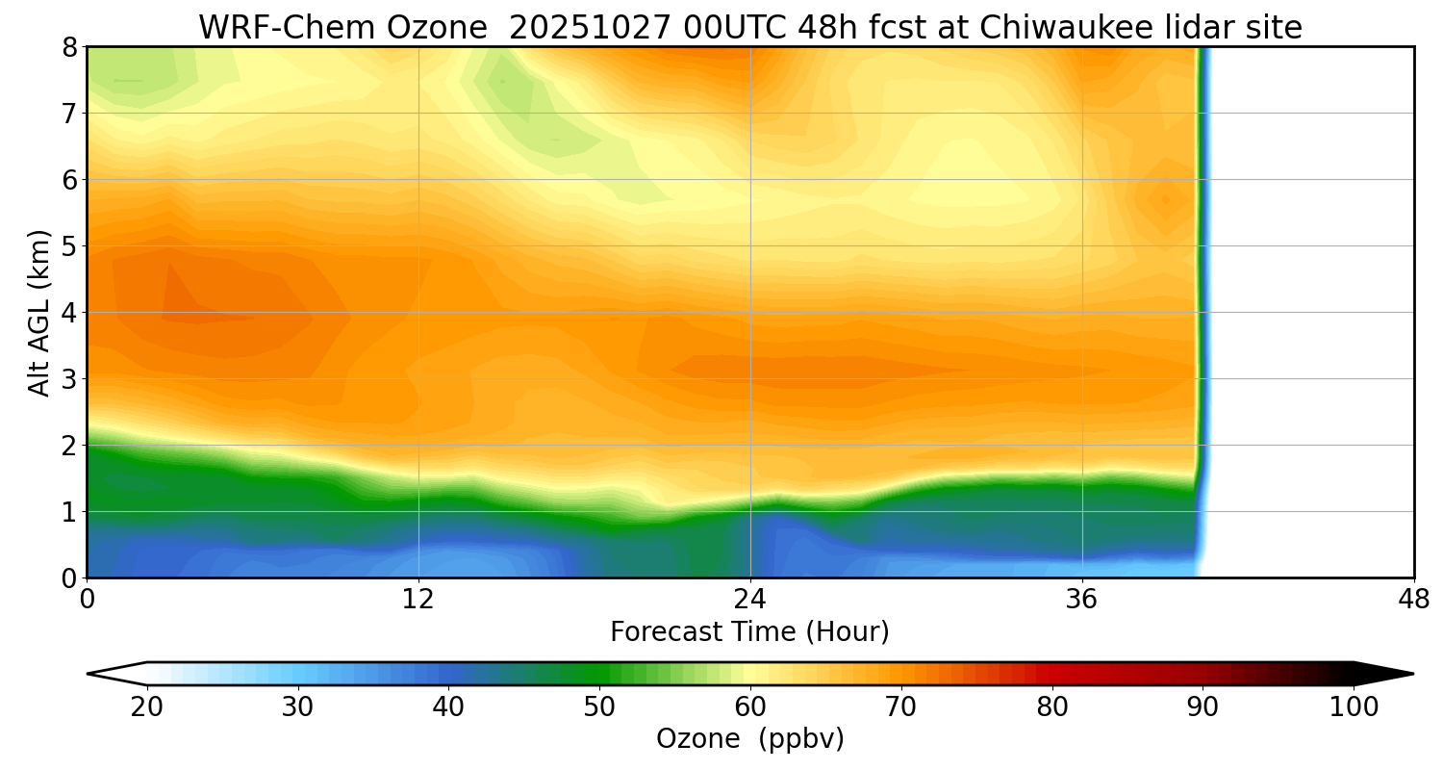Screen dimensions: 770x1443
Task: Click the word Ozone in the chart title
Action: (x=443, y=28)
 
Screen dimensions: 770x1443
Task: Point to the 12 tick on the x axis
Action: (x=418, y=599)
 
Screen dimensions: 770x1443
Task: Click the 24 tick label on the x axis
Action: (x=750, y=599)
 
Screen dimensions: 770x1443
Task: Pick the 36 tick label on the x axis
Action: (x=1082, y=599)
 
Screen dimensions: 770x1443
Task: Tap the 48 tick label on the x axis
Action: (x=1413, y=599)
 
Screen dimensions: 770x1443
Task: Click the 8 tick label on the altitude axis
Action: (x=69, y=47)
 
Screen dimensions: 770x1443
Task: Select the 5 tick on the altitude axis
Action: (x=69, y=246)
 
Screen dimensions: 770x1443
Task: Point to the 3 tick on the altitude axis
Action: (x=69, y=379)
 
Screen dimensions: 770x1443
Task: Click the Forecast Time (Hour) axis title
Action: (x=749, y=632)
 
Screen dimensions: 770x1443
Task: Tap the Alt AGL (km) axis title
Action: (x=39, y=312)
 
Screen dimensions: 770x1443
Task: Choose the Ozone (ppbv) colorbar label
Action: (x=749, y=739)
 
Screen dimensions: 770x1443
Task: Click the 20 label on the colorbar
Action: (x=147, y=707)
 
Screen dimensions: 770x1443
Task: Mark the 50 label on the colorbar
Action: (x=599, y=707)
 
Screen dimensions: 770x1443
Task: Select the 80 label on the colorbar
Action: (x=1052, y=707)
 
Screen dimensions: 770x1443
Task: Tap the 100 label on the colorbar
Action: (x=1354, y=707)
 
